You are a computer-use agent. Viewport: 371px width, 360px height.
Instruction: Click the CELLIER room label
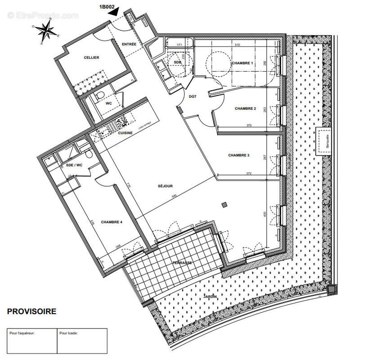point(91,58)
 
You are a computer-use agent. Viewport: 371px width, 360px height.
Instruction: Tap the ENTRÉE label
point(129,44)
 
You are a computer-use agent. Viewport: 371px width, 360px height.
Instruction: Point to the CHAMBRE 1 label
point(242,63)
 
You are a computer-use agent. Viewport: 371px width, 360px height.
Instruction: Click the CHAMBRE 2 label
point(245,108)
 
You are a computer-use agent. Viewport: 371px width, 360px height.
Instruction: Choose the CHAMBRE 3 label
point(238,155)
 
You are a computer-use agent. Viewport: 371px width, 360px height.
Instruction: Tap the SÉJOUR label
point(165,186)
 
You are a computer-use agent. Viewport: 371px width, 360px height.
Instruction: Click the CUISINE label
point(125,133)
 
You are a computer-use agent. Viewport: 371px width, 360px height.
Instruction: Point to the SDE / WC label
point(75,165)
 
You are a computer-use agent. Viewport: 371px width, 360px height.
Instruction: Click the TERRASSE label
point(183,262)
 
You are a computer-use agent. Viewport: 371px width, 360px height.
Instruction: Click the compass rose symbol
point(45,31)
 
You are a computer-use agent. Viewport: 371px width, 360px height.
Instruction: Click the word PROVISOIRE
point(31,311)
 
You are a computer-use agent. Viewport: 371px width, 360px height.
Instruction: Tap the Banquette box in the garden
point(325,141)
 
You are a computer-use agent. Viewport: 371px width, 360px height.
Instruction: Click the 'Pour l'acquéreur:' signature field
point(31,341)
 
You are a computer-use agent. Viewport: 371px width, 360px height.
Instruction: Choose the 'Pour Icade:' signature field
point(82,341)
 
